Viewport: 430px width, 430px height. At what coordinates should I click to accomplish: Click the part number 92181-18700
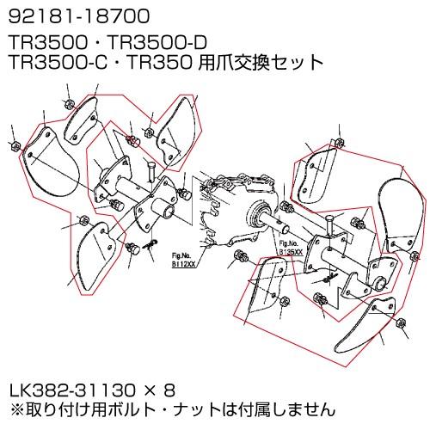(67, 16)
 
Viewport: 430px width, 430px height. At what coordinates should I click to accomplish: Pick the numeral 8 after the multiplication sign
(169, 389)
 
